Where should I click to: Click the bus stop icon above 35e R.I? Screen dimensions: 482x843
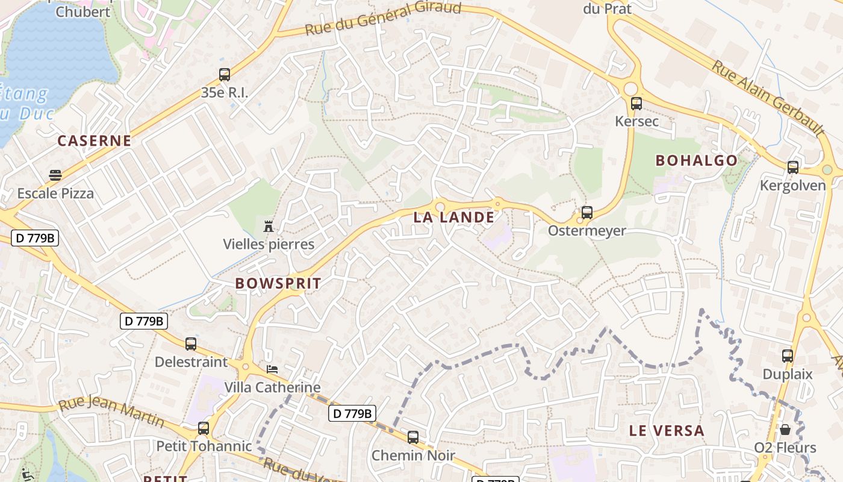click(x=225, y=75)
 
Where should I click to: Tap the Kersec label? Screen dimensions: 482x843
click(x=636, y=121)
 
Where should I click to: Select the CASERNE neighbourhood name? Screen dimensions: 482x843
click(x=94, y=141)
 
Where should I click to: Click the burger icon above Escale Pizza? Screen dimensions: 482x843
click(x=55, y=175)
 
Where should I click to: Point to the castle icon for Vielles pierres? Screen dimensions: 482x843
click(x=269, y=227)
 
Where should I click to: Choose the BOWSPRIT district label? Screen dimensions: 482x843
click(x=278, y=283)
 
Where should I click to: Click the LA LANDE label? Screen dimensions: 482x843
click(x=453, y=217)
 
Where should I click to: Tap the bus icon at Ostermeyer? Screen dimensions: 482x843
click(x=586, y=213)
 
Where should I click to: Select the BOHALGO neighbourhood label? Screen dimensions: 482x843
click(x=696, y=160)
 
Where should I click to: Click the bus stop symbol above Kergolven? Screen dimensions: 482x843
click(x=792, y=167)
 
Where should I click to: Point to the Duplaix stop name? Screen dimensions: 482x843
click(x=787, y=374)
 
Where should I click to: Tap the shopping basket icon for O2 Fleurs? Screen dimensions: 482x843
click(x=785, y=430)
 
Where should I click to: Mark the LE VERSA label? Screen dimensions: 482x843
click(x=667, y=431)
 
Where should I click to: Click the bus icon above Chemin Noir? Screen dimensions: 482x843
click(x=413, y=437)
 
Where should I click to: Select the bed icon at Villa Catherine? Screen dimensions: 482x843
click(x=272, y=369)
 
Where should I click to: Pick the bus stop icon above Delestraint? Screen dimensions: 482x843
click(x=191, y=344)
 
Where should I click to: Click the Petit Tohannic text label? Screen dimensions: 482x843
click(x=204, y=446)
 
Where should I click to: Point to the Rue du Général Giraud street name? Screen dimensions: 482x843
click(x=383, y=18)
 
